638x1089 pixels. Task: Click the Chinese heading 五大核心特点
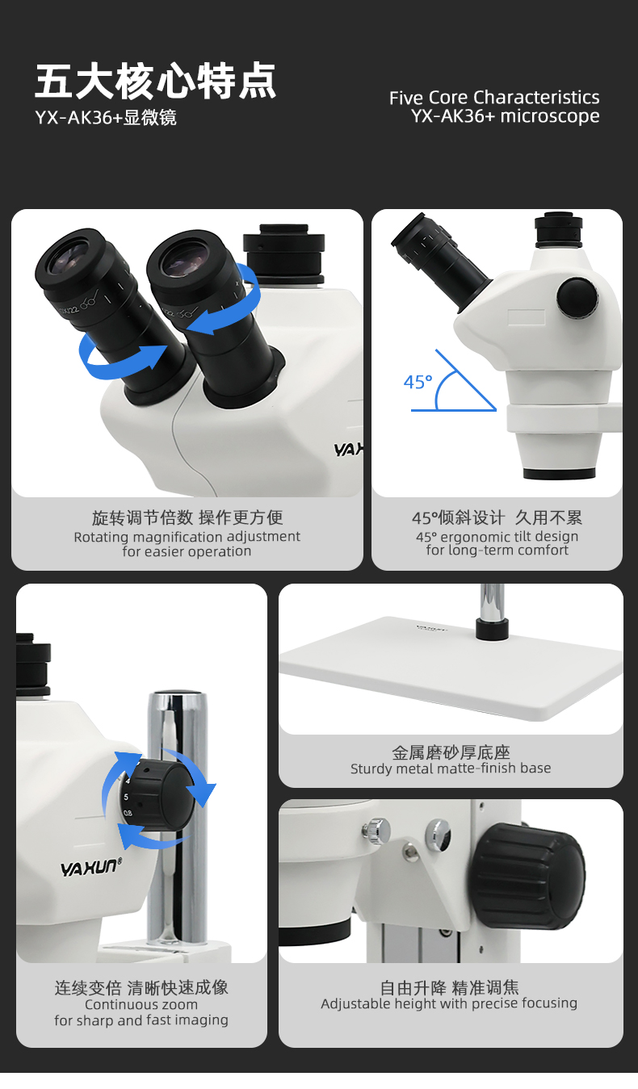156,81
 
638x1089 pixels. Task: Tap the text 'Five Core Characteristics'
494,98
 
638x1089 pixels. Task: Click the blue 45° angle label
418,382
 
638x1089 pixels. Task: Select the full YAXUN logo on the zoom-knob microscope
91,867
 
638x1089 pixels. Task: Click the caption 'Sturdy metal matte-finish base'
451,769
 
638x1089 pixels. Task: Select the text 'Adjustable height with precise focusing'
449,1003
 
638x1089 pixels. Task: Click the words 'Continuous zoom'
141,1004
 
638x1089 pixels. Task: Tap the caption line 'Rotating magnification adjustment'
187,537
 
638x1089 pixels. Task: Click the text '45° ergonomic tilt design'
497,537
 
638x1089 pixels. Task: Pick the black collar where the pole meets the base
492,629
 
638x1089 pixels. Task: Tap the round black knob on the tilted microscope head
577,298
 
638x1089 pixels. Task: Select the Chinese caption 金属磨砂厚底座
451,752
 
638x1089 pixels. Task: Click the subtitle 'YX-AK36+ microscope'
506,117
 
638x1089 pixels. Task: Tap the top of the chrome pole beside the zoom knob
177,695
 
